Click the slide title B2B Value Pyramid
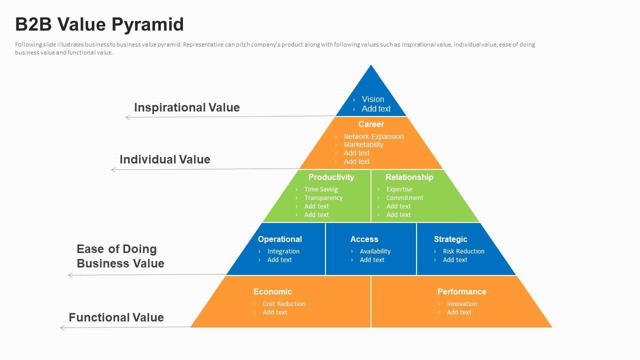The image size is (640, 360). (99, 24)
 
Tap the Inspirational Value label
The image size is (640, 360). (186, 107)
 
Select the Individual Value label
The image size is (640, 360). (164, 159)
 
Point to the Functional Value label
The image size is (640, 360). (116, 317)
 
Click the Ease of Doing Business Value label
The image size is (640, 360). (120, 256)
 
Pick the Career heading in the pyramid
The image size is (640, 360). (371, 124)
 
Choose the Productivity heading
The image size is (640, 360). (331, 177)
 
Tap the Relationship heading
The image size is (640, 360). (409, 177)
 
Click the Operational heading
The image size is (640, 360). (279, 239)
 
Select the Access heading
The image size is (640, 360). (364, 239)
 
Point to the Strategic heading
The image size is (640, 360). (450, 239)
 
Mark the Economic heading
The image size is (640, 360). (272, 291)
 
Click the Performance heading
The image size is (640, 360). (461, 291)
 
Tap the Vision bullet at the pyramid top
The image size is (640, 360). (373, 99)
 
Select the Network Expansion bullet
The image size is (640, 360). (373, 136)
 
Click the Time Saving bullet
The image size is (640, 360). (321, 189)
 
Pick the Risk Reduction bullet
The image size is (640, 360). (463, 251)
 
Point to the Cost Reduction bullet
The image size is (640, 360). (284, 304)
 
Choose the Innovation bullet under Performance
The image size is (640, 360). (462, 304)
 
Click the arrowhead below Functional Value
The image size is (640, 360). (62, 328)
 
